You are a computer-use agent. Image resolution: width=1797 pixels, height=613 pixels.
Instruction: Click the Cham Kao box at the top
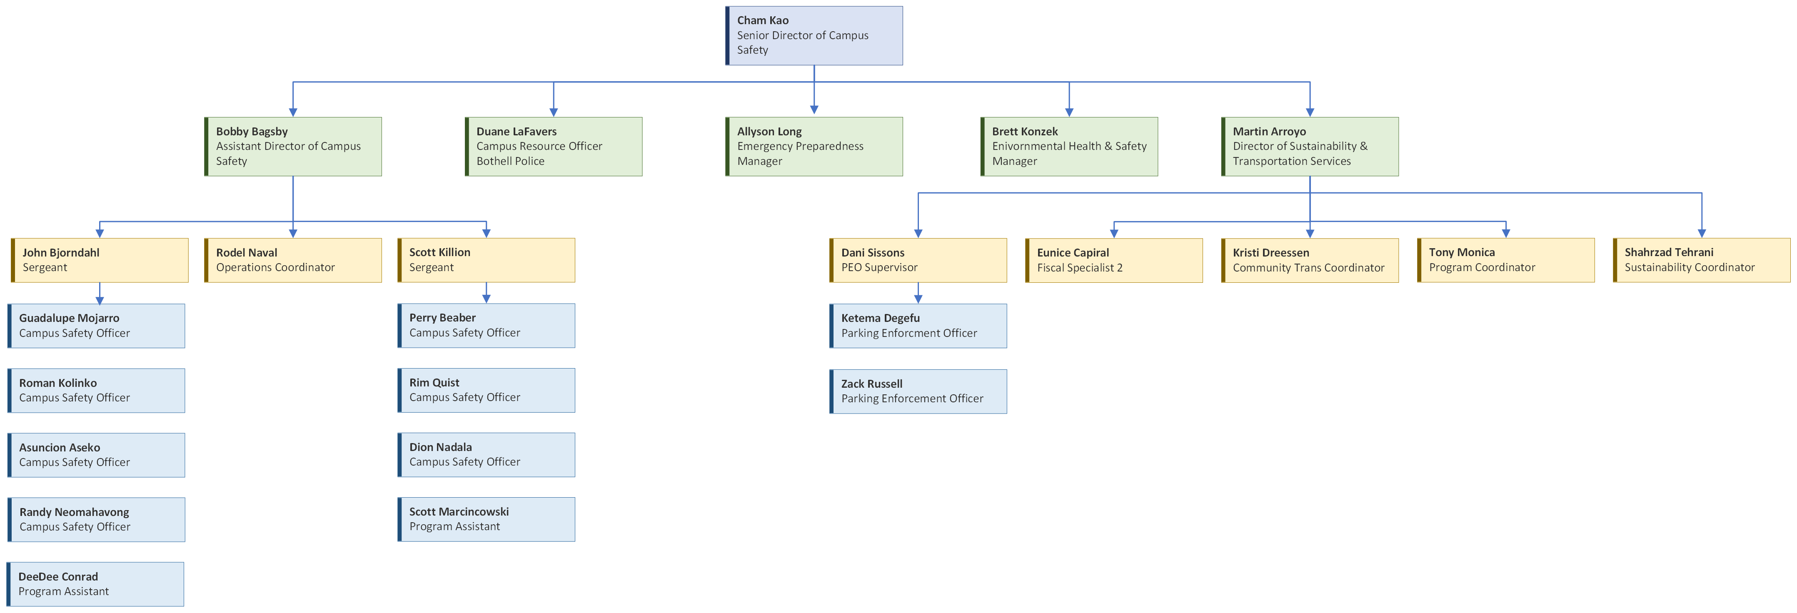click(814, 35)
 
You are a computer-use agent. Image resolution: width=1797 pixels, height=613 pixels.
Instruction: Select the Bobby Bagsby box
click(293, 147)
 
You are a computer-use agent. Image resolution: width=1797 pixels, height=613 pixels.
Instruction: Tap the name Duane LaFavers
click(516, 131)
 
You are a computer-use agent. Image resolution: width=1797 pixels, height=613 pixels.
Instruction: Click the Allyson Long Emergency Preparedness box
click(814, 147)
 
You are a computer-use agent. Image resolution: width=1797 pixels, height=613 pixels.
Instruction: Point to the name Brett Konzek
click(1025, 131)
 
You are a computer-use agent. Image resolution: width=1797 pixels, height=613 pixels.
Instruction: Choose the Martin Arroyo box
click(1309, 147)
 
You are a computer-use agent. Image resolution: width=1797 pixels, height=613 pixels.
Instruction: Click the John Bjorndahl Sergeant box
click(100, 260)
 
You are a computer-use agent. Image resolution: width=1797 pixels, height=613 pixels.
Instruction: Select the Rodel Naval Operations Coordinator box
click(293, 260)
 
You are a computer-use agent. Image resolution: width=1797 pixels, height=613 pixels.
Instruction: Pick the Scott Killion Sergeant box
click(486, 260)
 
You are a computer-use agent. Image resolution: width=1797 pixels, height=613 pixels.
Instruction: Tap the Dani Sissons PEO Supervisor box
click(918, 260)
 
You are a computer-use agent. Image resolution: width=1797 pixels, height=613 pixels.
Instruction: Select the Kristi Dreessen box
click(1309, 260)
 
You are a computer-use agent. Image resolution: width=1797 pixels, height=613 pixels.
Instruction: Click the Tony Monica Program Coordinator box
click(1505, 260)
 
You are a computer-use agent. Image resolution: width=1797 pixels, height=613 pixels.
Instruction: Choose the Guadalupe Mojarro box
click(96, 326)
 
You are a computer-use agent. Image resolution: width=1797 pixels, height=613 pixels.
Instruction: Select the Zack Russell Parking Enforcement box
click(918, 391)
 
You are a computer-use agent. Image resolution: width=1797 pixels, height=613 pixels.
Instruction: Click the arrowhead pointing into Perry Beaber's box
click(486, 299)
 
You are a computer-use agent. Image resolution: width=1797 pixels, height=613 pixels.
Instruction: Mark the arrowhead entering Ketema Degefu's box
click(918, 299)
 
